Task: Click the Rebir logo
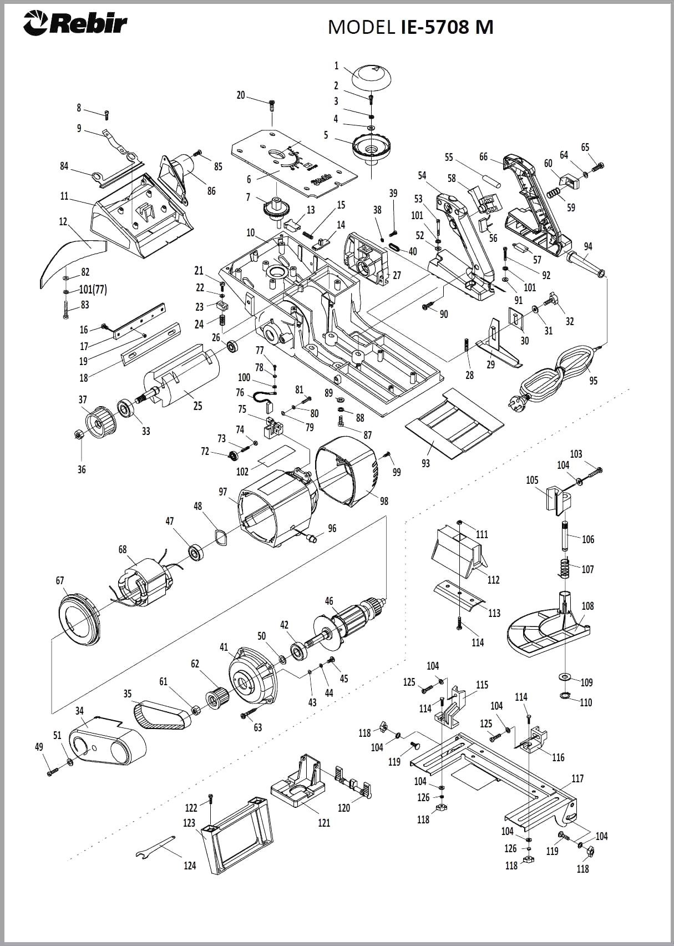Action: pyautogui.click(x=75, y=24)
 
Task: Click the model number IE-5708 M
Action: pyautogui.click(x=447, y=27)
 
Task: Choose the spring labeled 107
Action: pyautogui.click(x=565, y=569)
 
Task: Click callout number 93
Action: pyautogui.click(x=425, y=463)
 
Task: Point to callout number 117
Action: pyautogui.click(x=577, y=778)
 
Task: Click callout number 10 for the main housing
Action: pyautogui.click(x=251, y=232)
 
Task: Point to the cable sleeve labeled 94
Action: pyautogui.click(x=585, y=264)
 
